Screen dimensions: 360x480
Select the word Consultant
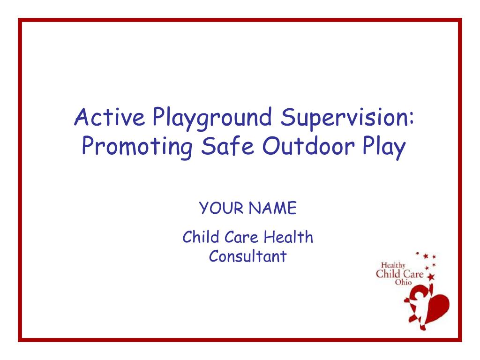click(x=247, y=256)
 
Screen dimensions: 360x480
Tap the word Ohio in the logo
click(x=403, y=282)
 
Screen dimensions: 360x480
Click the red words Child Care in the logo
click(x=399, y=274)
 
